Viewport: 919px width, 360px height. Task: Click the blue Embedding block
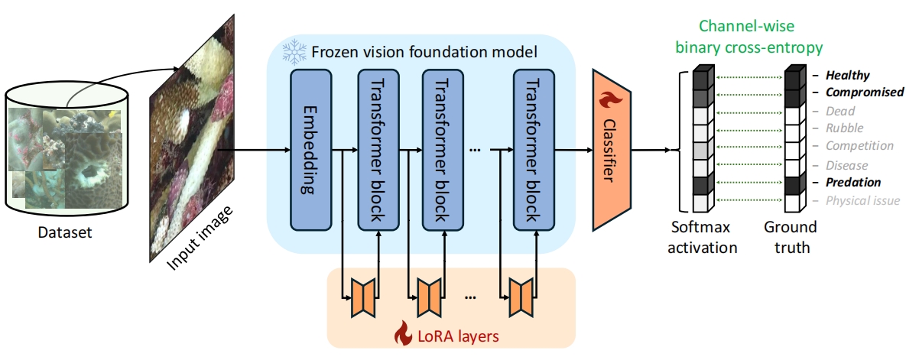click(x=310, y=149)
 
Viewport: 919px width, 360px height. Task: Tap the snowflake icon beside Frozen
click(x=294, y=52)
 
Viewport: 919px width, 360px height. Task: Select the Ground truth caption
click(x=791, y=237)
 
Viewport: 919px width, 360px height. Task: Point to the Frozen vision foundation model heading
click(x=424, y=53)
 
